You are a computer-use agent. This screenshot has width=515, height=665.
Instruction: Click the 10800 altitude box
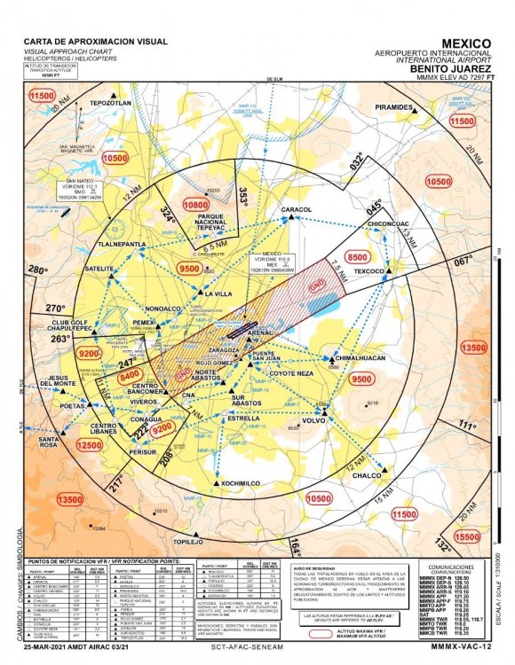[194, 204]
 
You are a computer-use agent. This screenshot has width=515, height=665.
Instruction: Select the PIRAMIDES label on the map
[394, 106]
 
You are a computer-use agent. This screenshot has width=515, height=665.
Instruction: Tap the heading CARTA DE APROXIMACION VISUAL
[95, 42]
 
